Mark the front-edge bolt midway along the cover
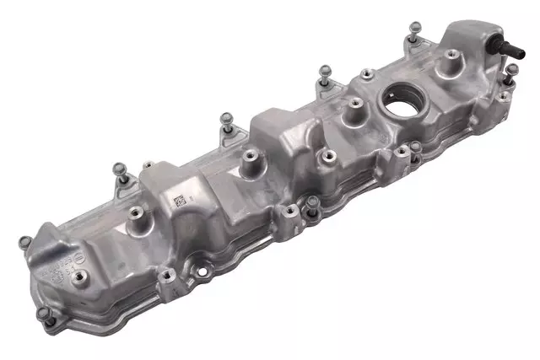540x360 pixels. click(x=313, y=202)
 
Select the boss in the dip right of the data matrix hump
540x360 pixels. click(x=249, y=156)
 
